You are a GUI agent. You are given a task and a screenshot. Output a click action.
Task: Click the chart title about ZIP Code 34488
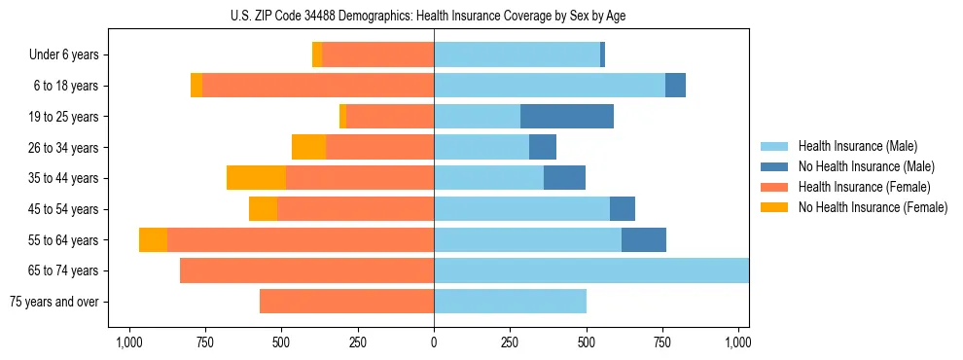434,16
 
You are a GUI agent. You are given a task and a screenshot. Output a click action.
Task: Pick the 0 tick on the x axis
434,342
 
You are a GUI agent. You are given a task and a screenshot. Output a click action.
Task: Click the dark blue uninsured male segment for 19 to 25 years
567,117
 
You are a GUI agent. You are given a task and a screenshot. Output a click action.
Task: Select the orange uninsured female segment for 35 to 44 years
256,178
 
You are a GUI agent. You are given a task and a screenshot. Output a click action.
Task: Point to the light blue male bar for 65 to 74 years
591,270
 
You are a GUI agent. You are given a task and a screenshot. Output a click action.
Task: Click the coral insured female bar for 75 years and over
346,302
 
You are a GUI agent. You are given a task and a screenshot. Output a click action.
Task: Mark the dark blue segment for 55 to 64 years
644,240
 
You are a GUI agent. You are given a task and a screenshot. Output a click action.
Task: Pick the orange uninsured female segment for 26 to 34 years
308,147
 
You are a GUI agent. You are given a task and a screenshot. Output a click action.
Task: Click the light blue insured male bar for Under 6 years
517,55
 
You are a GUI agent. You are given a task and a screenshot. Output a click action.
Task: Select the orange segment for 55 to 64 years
153,240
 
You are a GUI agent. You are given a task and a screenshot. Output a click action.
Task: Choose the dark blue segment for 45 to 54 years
623,209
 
